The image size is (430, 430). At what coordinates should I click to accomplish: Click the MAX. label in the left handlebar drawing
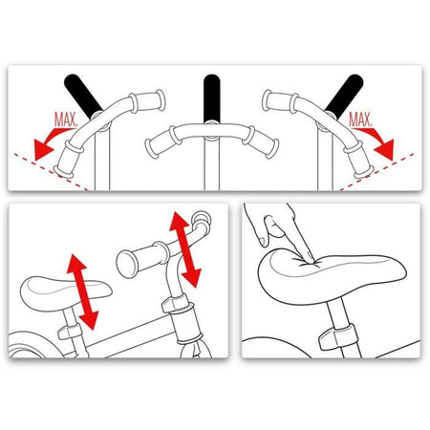coord(66,119)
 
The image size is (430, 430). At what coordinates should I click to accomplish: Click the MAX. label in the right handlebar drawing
coord(360,119)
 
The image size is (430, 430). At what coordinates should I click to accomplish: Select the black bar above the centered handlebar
coord(212,97)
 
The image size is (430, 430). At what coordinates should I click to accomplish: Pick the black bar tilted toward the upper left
coord(82,95)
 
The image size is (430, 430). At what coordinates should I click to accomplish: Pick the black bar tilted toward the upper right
coord(345,95)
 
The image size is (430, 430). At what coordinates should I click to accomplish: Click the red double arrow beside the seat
coord(81,291)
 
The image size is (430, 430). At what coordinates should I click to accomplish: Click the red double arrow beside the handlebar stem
coord(184,249)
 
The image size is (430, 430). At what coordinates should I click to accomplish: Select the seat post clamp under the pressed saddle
coord(337,337)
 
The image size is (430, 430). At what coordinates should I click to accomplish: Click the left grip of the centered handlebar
coord(161,141)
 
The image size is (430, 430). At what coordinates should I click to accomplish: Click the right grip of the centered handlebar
coord(262,141)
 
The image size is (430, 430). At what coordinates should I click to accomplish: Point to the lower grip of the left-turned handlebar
coord(68,159)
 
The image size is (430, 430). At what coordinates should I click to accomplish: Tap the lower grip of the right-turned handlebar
coord(358,160)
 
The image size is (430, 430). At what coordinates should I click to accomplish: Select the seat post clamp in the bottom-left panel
coord(70,332)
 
